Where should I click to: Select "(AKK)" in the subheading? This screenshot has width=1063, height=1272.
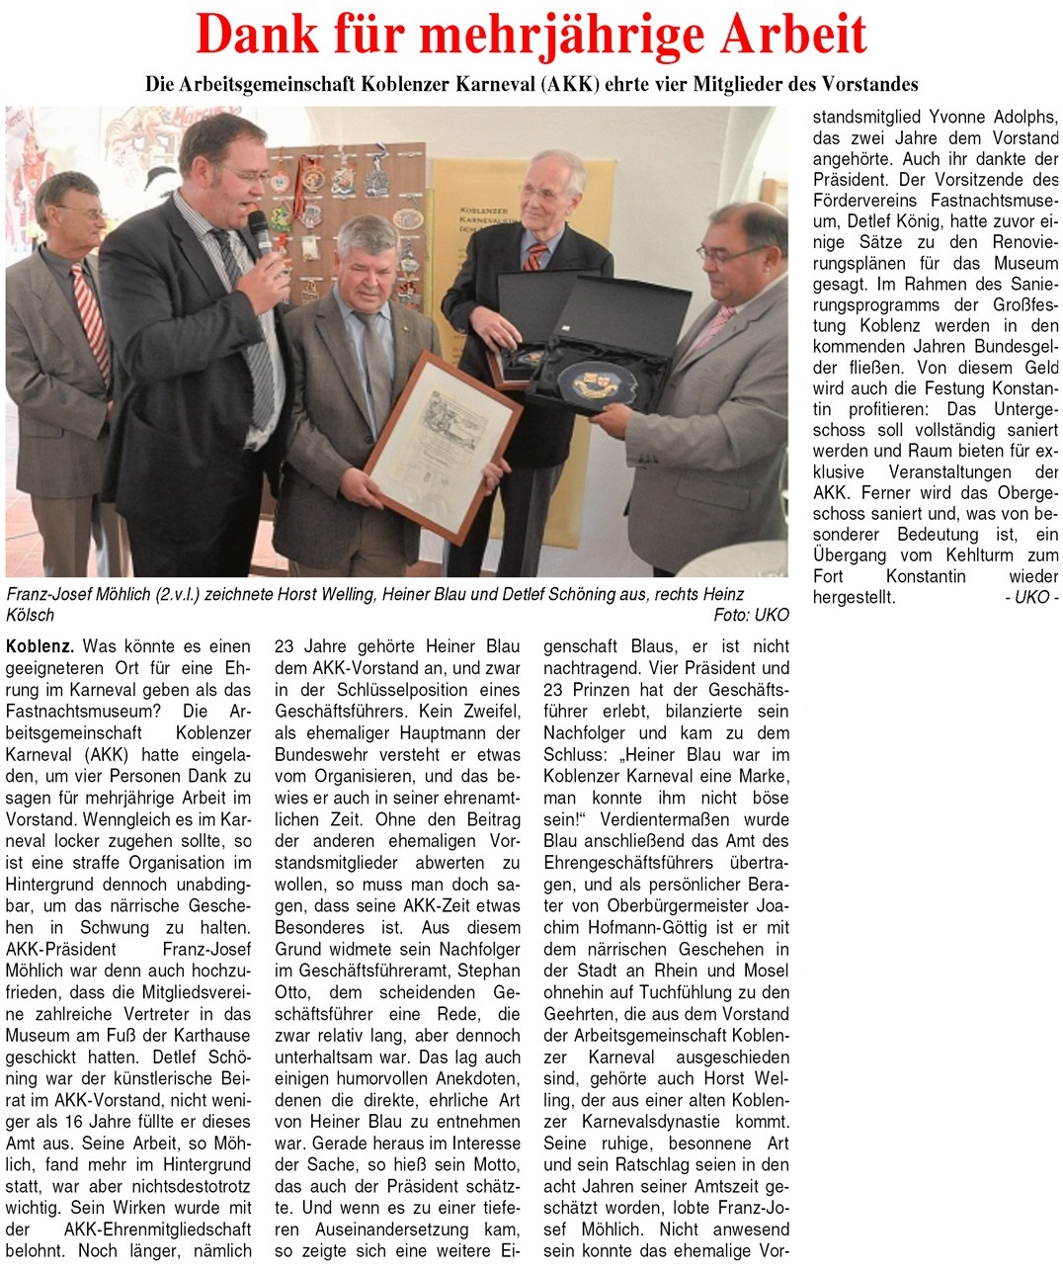[569, 85]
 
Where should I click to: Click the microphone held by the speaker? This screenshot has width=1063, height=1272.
[260, 231]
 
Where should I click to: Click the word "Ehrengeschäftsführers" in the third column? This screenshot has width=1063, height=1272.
[635, 863]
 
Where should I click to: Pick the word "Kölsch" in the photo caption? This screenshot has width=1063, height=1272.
[31, 615]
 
